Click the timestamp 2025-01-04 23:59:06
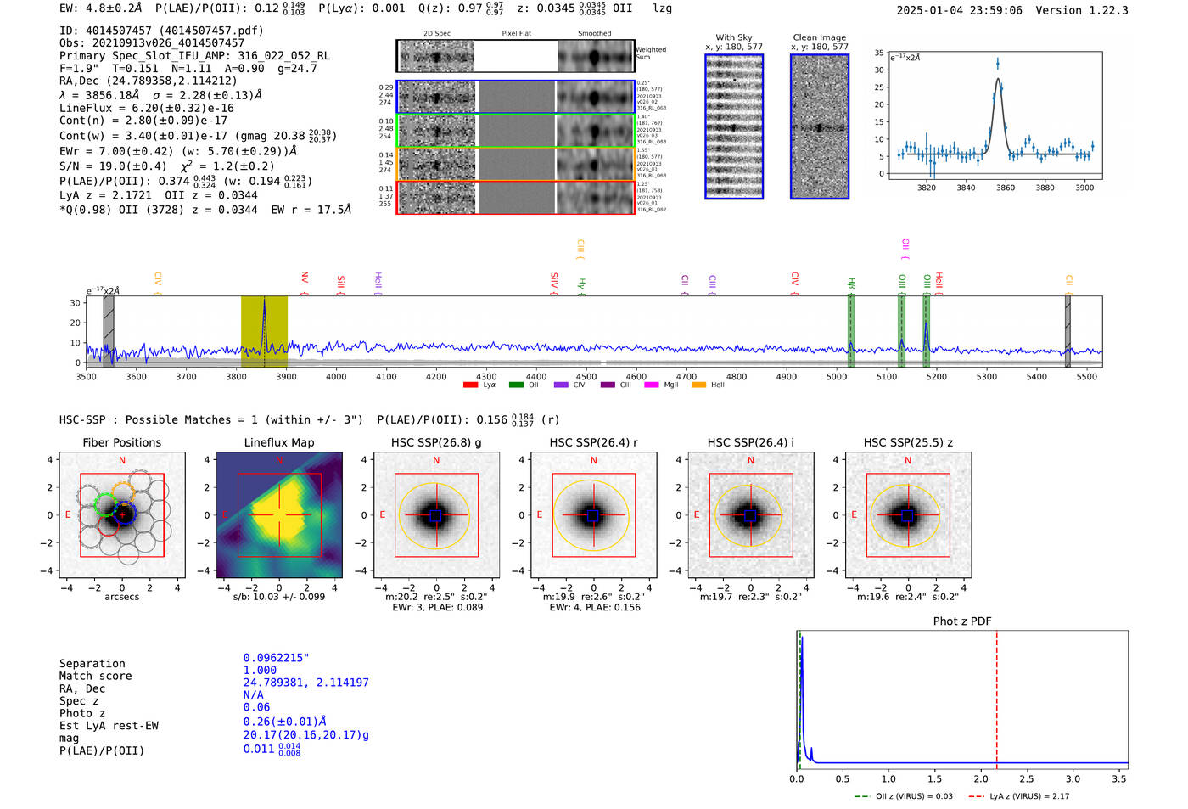click(959, 10)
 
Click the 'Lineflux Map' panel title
click(278, 442)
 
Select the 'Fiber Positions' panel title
click(121, 442)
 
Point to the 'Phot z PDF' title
click(962, 621)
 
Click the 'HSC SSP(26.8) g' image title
click(436, 442)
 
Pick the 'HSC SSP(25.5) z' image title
click(908, 442)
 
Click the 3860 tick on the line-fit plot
click(1006, 188)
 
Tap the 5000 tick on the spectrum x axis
click(837, 376)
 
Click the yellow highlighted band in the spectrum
click(264, 331)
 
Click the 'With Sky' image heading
click(734, 37)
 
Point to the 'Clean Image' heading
click(819, 37)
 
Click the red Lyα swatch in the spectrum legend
click(470, 385)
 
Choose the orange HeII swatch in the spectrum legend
click(698, 385)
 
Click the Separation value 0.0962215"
click(276, 658)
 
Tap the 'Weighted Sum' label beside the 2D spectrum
click(651, 53)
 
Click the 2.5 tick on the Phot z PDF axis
click(1027, 778)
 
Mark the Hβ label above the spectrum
click(850, 284)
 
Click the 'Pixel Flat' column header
click(516, 33)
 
